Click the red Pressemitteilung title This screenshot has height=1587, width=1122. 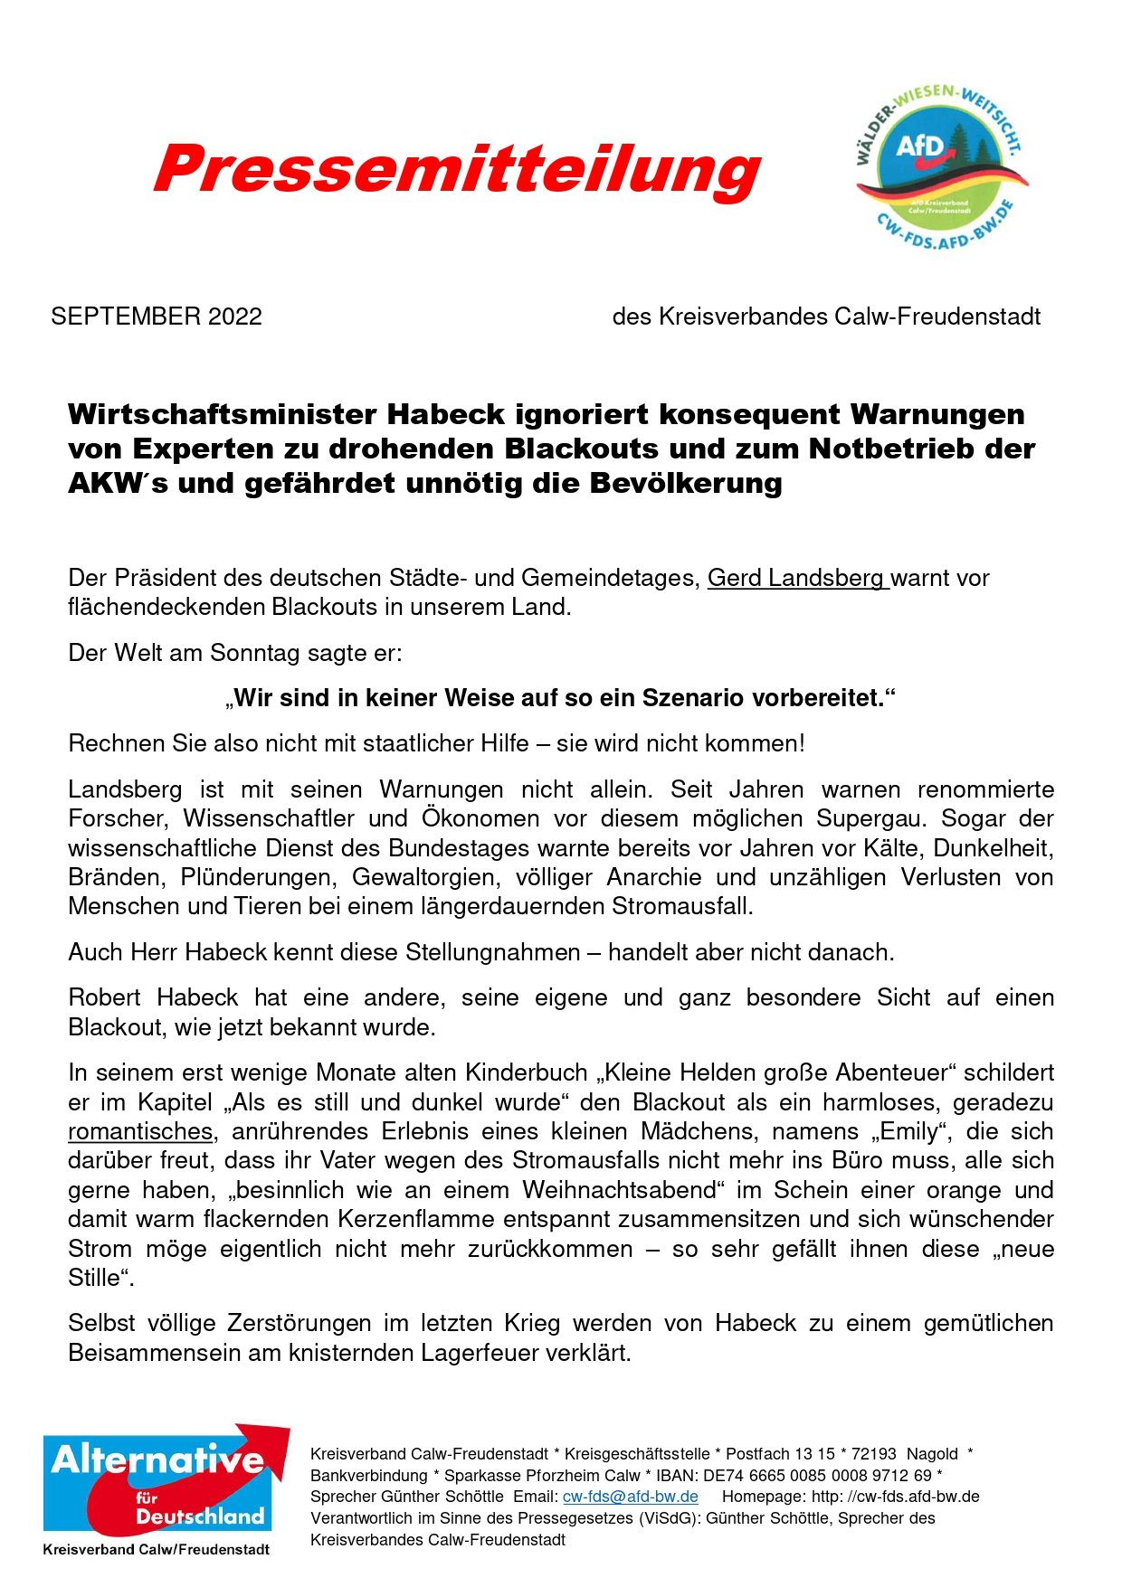[x=457, y=169]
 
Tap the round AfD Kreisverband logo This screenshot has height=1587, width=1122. [x=941, y=168]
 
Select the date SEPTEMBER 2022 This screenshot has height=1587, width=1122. [x=157, y=316]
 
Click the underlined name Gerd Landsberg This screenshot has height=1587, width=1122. [x=796, y=578]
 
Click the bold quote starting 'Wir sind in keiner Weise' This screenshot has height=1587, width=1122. [x=560, y=698]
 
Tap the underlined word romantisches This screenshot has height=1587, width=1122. [x=140, y=1131]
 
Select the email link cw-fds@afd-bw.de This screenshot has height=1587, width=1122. [x=630, y=1497]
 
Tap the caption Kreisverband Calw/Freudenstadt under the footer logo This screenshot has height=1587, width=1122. [x=156, y=1549]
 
